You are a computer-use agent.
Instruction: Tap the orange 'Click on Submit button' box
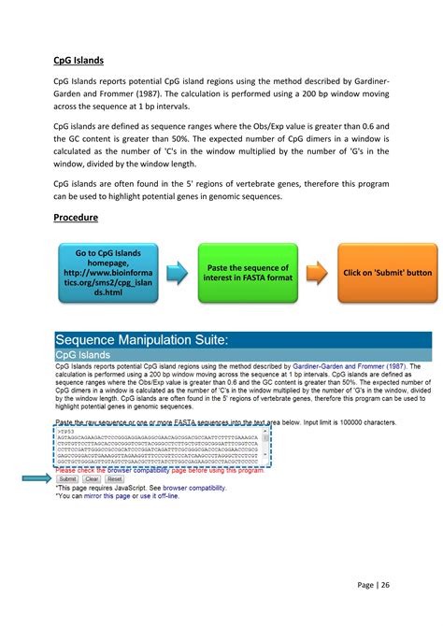tap(387, 273)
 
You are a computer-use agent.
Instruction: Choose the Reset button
tap(114, 478)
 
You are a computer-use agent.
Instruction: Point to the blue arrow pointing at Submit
tap(37, 478)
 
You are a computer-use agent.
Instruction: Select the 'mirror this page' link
tap(106, 495)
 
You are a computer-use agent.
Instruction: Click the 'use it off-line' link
tap(158, 495)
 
